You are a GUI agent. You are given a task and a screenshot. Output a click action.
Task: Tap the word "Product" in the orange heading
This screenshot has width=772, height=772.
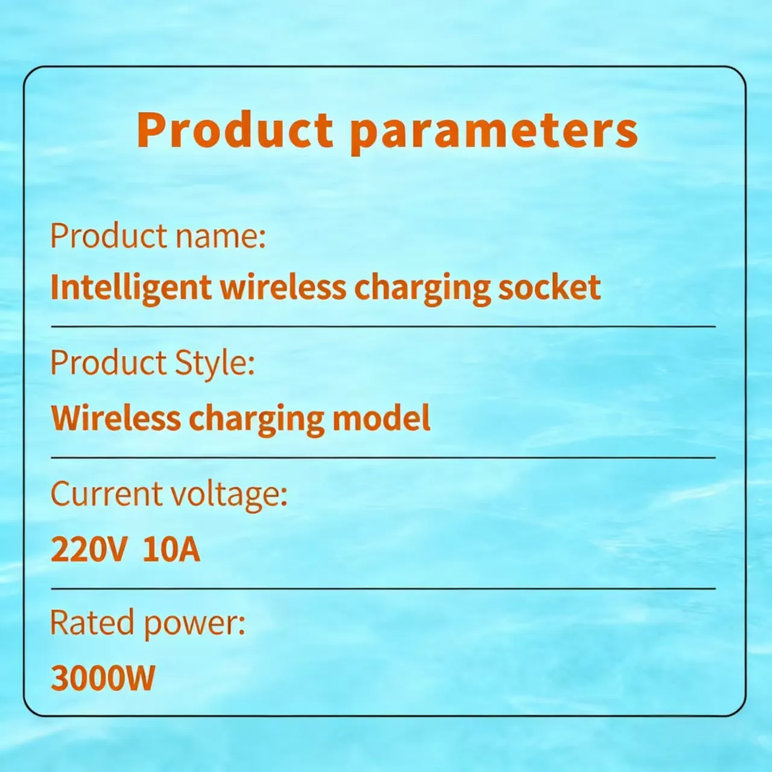click(235, 129)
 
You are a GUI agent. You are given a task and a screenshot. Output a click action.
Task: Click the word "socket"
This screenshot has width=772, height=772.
click(549, 286)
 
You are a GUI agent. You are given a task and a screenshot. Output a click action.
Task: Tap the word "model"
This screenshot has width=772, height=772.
click(381, 417)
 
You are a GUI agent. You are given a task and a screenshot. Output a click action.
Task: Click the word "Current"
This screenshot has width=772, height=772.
click(106, 494)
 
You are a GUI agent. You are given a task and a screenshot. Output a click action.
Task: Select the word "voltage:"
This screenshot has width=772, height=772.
click(230, 496)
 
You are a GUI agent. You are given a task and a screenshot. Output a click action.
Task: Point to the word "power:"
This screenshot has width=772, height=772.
click(195, 626)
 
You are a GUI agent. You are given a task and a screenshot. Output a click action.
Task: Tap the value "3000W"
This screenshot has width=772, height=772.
click(103, 678)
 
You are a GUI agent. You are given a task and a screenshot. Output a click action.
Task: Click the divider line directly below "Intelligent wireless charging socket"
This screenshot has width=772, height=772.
click(384, 327)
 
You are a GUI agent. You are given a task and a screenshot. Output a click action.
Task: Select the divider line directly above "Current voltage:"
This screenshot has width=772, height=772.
click(384, 458)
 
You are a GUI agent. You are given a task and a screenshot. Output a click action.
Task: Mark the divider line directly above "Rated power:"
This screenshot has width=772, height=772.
click(384, 589)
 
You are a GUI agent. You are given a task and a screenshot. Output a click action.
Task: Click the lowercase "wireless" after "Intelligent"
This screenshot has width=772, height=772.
click(283, 286)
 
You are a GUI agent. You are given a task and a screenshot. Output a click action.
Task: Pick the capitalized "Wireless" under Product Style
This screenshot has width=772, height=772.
click(116, 417)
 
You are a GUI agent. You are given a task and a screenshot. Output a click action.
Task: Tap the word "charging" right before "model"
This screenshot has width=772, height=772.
click(256, 420)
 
